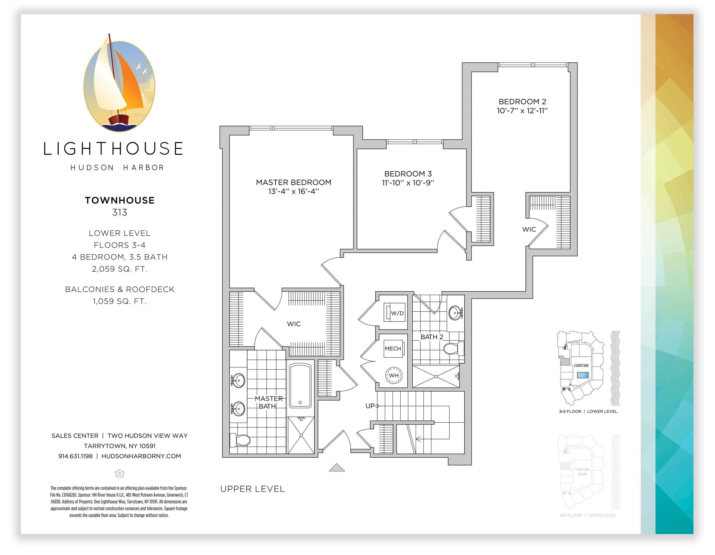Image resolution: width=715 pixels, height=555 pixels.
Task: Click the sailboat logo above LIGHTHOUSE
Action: click(x=119, y=84)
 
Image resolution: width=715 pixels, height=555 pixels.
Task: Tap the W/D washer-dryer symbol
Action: click(x=394, y=313)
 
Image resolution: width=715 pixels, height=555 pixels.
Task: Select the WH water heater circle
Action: click(x=394, y=375)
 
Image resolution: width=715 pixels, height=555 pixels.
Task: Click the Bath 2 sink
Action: click(x=456, y=313)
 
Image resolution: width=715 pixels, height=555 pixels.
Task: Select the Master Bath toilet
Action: click(x=240, y=440)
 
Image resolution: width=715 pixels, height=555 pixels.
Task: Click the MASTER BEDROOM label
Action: click(x=293, y=182)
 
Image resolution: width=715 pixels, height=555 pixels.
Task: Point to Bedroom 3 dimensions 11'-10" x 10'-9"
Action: click(x=408, y=183)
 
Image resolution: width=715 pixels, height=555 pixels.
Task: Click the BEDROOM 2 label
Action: click(x=522, y=101)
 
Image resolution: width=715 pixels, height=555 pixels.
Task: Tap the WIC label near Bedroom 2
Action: click(x=529, y=229)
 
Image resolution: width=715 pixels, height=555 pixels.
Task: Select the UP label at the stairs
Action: click(x=370, y=406)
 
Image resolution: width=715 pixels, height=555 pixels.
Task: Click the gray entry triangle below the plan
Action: click(x=337, y=467)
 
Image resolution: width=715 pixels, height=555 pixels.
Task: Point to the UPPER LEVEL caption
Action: click(x=252, y=489)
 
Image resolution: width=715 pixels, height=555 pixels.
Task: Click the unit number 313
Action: click(x=120, y=212)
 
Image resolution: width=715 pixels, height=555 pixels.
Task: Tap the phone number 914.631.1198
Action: click(x=75, y=456)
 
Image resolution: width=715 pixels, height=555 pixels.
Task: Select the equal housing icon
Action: click(x=120, y=474)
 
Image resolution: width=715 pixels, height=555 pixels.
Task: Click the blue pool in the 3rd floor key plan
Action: click(x=583, y=375)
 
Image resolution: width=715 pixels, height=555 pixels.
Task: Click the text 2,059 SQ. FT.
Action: click(x=120, y=269)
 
